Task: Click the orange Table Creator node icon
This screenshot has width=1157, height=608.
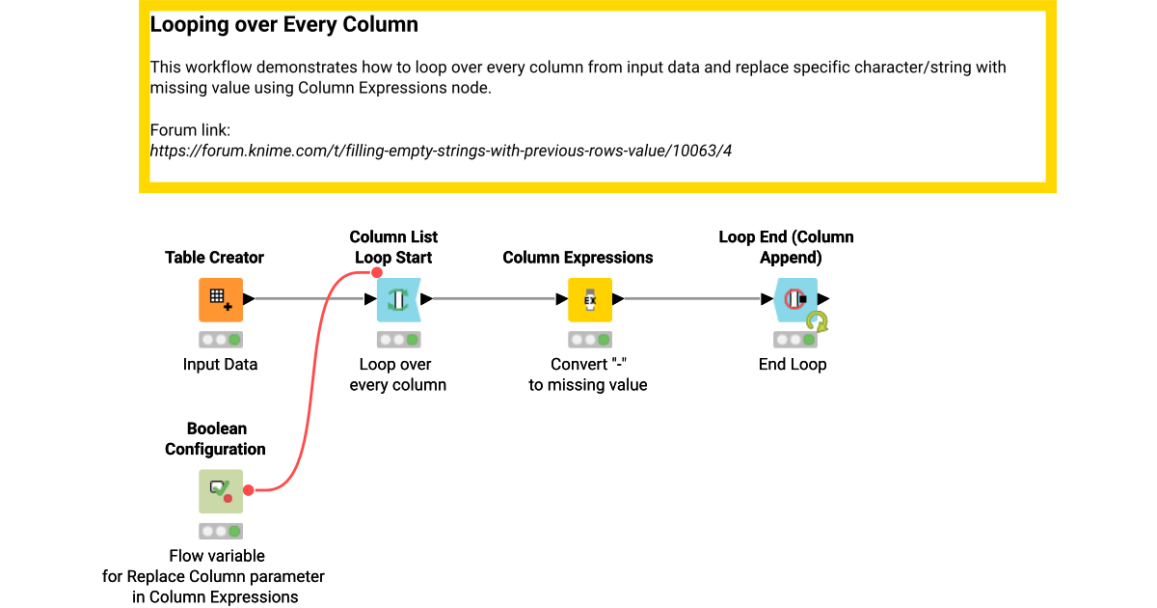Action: pos(220,300)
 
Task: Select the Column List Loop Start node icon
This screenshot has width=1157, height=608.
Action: pos(397,300)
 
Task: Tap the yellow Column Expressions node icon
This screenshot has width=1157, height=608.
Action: pos(589,300)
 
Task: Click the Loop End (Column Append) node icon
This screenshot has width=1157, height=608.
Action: pos(794,300)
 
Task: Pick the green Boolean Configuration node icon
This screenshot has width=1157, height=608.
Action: pos(220,491)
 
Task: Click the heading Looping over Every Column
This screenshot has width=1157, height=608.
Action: pos(283,25)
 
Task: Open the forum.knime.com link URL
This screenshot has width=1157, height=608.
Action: pos(441,151)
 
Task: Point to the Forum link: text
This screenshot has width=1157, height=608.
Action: pos(190,130)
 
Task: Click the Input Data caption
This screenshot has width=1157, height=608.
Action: pos(220,365)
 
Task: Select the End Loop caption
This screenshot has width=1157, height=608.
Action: pos(793,365)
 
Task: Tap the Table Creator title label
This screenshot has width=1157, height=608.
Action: pos(214,258)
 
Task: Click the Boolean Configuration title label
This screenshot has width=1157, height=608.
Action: pos(216,439)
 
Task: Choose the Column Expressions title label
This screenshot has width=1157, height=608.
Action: pos(578,258)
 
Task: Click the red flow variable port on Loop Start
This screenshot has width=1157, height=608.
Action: pos(377,273)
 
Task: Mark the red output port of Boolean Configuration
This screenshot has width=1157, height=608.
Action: pos(248,491)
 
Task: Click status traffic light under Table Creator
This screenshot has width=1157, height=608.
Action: pos(220,340)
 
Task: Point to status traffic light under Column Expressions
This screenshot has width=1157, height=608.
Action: pos(589,340)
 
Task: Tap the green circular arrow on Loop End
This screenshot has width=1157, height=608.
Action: pos(818,320)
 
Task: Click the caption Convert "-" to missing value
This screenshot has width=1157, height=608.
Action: pos(587,374)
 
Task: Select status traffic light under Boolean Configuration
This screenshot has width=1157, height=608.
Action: pos(220,531)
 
